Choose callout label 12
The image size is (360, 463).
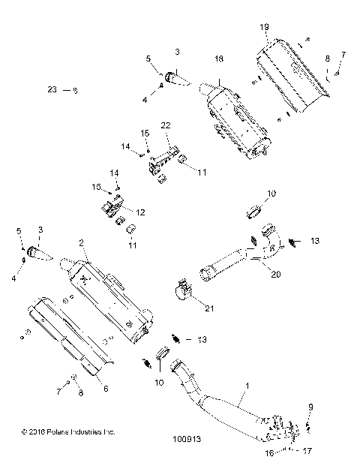click(139, 212)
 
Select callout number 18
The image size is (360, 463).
click(219, 58)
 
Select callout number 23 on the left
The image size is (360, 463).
click(52, 89)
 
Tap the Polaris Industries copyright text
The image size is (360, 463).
click(68, 432)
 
